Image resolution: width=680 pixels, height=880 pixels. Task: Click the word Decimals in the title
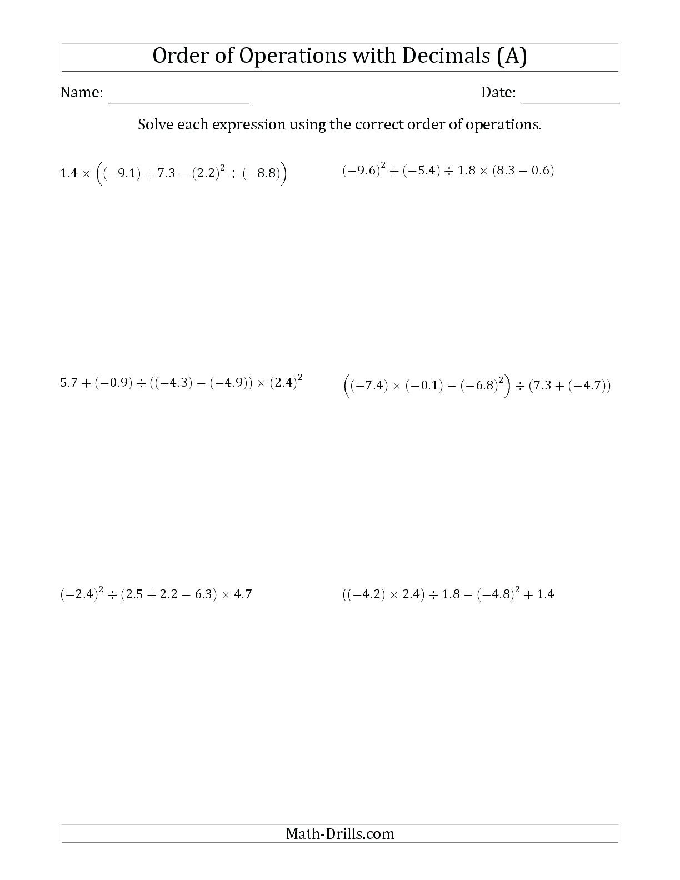[444, 56]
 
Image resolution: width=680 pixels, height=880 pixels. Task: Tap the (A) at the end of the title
[511, 56]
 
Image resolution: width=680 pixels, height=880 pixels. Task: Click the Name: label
[82, 93]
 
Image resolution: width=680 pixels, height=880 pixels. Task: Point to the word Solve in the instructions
[156, 124]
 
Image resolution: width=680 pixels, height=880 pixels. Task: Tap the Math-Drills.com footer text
[339, 833]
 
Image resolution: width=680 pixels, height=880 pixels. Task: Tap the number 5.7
[69, 383]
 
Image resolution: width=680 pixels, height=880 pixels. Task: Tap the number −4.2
[364, 595]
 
